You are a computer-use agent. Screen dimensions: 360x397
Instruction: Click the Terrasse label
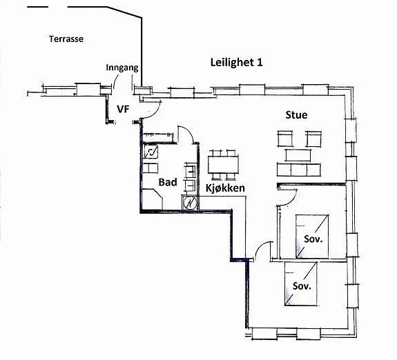[x=66, y=39]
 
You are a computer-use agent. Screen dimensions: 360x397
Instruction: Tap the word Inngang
[x=123, y=68]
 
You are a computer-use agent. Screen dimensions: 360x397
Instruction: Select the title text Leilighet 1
[x=236, y=62]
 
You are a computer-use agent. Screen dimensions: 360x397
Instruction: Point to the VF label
[x=123, y=109]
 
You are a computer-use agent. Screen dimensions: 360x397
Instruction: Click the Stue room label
[x=296, y=114]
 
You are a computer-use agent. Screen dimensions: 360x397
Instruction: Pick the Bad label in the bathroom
[x=168, y=183]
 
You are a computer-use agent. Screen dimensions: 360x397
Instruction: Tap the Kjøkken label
[x=226, y=188]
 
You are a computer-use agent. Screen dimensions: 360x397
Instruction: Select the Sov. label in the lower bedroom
[x=302, y=285]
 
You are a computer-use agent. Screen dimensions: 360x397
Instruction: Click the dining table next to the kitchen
[x=224, y=164]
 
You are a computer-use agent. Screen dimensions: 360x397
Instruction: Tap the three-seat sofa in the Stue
[x=298, y=169]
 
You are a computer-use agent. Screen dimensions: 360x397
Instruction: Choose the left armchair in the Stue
[x=287, y=138]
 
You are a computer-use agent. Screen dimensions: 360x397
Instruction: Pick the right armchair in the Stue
[x=314, y=138]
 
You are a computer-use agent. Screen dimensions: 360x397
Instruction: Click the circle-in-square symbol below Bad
[x=190, y=203]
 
